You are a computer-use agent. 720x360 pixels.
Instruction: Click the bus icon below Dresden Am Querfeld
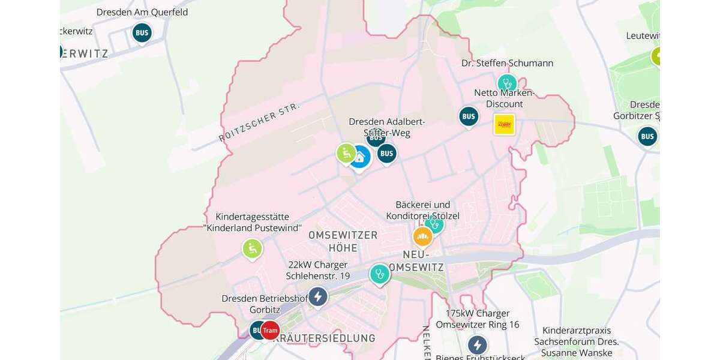click(x=142, y=32)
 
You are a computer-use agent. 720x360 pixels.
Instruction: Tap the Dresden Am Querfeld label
click(x=142, y=12)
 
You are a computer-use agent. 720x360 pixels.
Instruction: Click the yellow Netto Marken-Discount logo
click(x=504, y=124)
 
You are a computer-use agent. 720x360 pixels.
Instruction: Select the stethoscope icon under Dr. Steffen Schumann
click(x=507, y=83)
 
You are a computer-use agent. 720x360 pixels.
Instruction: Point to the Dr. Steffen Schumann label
click(x=507, y=63)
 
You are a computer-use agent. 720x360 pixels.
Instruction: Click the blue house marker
click(x=359, y=157)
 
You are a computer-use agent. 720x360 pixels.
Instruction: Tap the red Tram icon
click(x=270, y=330)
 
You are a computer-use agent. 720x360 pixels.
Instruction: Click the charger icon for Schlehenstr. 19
click(x=317, y=296)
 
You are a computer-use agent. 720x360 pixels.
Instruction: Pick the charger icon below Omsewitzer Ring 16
click(x=477, y=345)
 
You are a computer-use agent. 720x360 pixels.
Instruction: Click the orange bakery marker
click(x=423, y=237)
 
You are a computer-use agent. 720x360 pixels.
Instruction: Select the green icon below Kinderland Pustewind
click(x=252, y=248)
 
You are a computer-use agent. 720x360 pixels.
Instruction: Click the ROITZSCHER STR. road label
click(x=259, y=122)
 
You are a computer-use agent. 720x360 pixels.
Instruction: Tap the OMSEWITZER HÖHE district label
click(x=343, y=241)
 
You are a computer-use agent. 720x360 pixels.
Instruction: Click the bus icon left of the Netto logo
click(x=469, y=116)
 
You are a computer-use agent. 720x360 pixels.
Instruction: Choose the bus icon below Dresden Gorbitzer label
click(x=647, y=136)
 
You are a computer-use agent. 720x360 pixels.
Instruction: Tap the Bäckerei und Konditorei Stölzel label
click(x=423, y=210)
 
